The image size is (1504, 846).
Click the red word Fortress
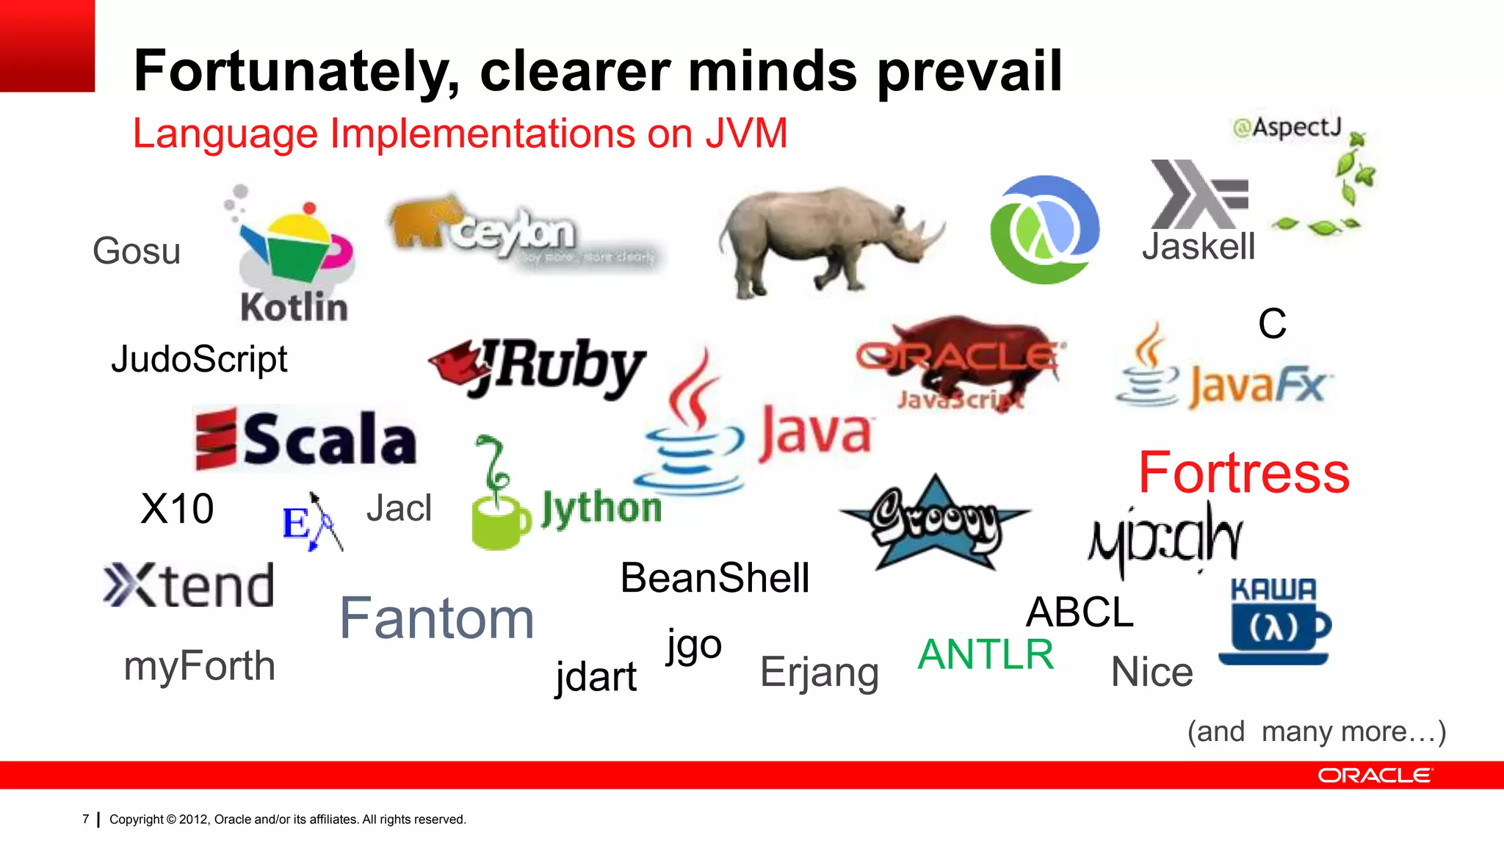[x=1243, y=473]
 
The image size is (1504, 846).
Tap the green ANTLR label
[x=986, y=654]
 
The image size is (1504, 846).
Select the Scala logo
[x=306, y=439]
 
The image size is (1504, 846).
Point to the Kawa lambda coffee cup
[x=1274, y=621]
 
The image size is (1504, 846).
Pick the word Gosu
[x=137, y=251]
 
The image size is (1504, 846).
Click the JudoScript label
[x=199, y=360]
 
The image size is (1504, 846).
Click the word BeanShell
[x=715, y=578]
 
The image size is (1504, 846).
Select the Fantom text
[x=436, y=619]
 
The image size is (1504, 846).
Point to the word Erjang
[x=819, y=672]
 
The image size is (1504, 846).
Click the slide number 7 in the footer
[x=86, y=819]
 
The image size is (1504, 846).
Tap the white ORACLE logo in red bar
[x=1374, y=775]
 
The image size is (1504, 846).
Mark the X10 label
[x=177, y=508]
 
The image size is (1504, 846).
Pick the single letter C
[x=1272, y=324]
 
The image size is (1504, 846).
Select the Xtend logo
[x=189, y=586]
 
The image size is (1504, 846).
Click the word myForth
[x=199, y=666]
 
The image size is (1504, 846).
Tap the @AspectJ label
[x=1287, y=128]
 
